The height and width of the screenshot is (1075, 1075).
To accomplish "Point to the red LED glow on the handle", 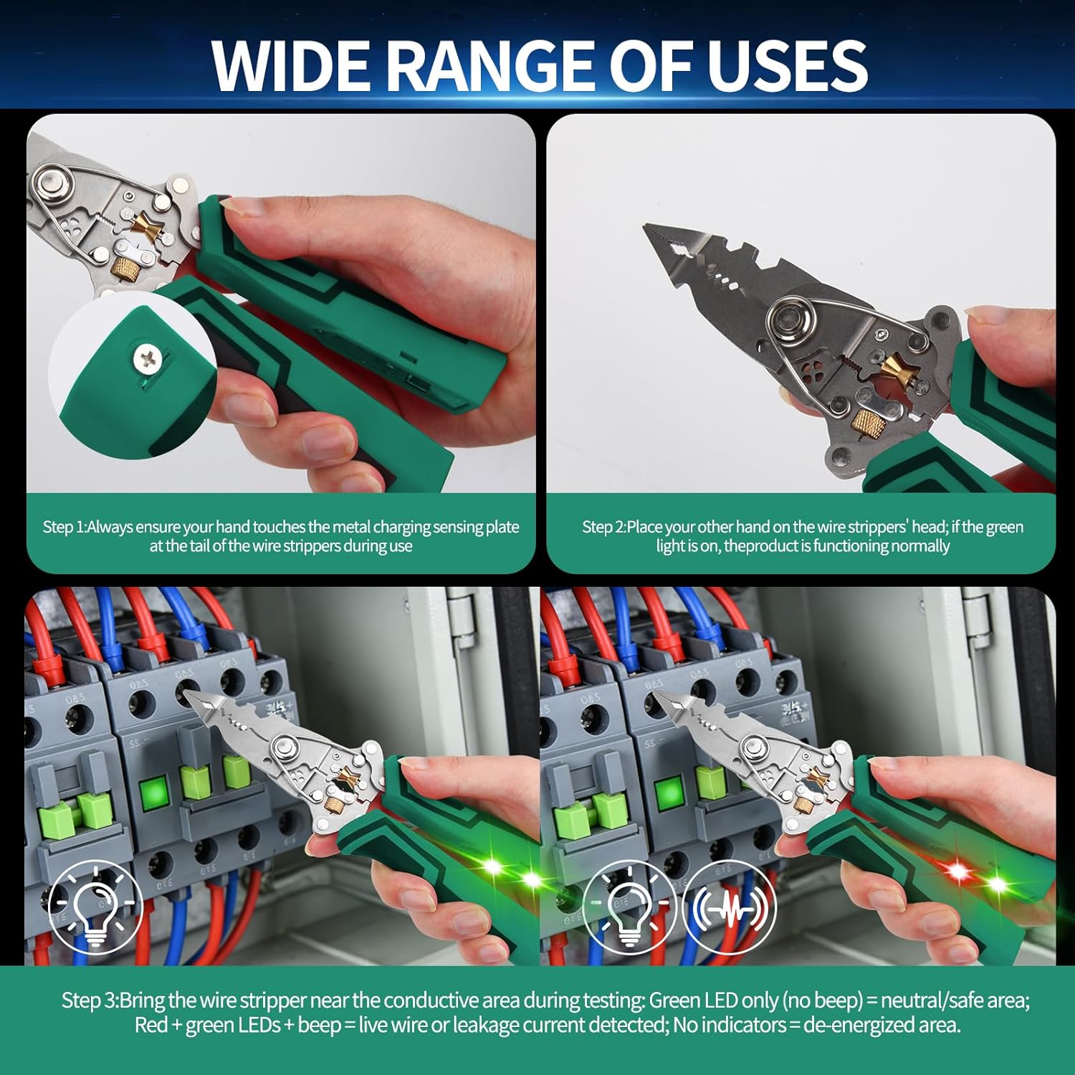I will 957,871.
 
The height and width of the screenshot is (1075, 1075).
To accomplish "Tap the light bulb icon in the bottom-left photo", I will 95,907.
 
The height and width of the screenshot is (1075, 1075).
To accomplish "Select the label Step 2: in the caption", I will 603,527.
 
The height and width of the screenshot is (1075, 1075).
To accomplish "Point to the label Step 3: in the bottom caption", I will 90,1000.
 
